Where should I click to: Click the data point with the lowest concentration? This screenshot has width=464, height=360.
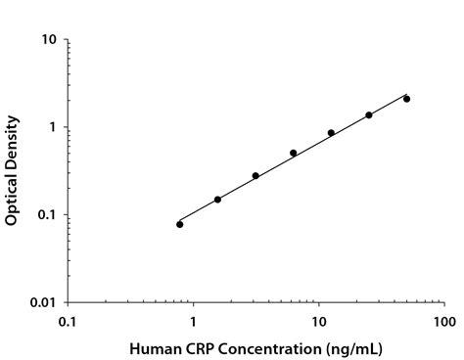pyautogui.click(x=180, y=224)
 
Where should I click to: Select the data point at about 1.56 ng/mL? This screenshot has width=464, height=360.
pyautogui.click(x=217, y=200)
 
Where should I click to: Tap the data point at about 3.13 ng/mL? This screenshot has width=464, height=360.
pyautogui.click(x=255, y=176)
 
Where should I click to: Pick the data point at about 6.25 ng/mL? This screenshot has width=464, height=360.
pyautogui.click(x=293, y=153)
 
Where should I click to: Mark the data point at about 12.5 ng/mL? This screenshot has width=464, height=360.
pyautogui.click(x=331, y=133)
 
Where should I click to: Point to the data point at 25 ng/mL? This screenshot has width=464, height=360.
pyautogui.click(x=369, y=115)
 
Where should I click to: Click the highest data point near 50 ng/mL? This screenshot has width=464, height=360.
pyautogui.click(x=406, y=99)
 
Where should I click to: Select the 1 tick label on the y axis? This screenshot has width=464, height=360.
pyautogui.click(x=54, y=127)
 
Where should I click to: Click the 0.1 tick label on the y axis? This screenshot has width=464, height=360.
pyautogui.click(x=48, y=215)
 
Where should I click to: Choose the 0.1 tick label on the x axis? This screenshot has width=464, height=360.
pyautogui.click(x=68, y=321)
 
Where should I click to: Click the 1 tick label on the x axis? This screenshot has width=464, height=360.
pyautogui.click(x=193, y=321)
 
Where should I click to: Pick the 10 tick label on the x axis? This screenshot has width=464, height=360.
pyautogui.click(x=319, y=321)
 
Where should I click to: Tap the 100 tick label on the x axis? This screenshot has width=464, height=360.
pyautogui.click(x=444, y=321)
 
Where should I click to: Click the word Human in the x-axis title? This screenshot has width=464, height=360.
pyautogui.click(x=155, y=347)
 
